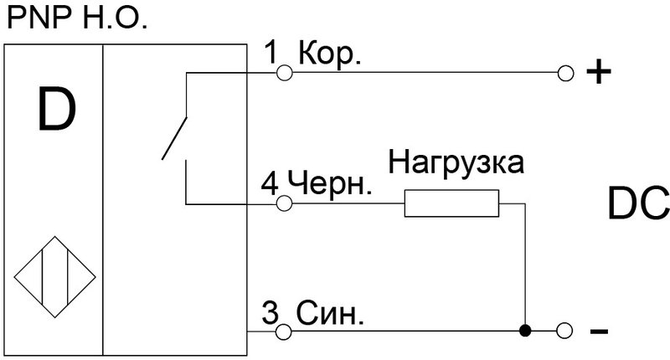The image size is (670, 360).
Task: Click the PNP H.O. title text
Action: pos(76,18)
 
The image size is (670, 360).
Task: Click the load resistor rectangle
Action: pos(451,203)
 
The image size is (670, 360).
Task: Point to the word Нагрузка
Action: pos(456,162)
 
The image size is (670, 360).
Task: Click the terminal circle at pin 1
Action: pos(284,75)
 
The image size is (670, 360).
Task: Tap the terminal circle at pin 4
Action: pos(284,203)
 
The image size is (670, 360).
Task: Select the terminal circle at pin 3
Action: pos(284,332)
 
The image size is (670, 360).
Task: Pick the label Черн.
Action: pos(329,183)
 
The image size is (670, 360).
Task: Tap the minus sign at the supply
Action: pos(598,332)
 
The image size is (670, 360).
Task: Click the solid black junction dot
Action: pos(525,332)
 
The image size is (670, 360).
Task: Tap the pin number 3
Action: pos(270,315)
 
